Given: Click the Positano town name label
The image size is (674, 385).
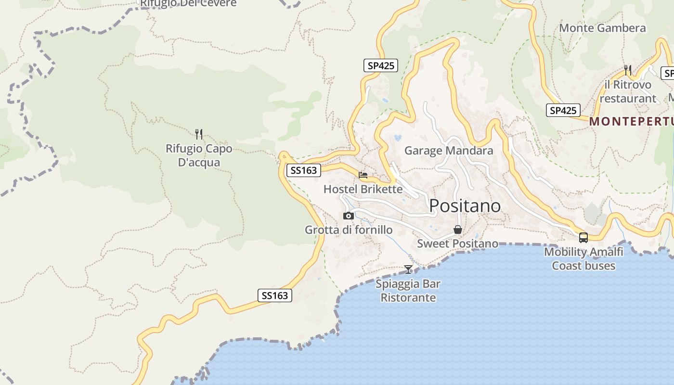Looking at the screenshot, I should [465, 206].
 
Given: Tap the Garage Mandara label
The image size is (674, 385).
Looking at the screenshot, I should [449, 151].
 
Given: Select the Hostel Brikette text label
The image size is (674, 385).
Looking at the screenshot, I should [363, 189].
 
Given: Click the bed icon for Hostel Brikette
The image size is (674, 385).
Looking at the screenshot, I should [363, 175].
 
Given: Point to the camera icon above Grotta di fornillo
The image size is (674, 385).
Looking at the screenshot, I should [348, 216].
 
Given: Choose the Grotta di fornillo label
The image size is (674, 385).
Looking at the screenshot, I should [349, 230].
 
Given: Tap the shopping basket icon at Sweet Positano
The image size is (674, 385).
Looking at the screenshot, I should [457, 230].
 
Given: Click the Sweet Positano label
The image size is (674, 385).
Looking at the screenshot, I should [457, 244].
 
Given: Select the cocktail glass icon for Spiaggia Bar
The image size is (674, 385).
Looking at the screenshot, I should [408, 269].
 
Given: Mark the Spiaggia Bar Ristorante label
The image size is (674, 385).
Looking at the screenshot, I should [408, 291].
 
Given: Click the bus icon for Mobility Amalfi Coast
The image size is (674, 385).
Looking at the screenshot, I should [583, 237].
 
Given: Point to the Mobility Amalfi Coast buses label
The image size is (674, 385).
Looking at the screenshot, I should [583, 258].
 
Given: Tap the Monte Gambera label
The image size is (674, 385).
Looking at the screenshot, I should [602, 28].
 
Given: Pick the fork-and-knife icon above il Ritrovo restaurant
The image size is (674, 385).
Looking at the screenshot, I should [628, 70].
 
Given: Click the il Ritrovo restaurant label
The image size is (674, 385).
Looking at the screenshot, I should [628, 91].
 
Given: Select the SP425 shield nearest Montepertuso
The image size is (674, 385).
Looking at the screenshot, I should [563, 110].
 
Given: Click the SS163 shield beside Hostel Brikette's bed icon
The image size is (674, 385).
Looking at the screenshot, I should [304, 170].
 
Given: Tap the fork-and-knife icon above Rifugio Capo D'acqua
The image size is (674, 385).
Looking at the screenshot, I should [199, 134].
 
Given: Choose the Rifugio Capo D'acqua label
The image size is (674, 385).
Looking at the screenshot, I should [199, 155].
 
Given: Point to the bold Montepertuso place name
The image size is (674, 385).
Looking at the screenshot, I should [631, 122].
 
